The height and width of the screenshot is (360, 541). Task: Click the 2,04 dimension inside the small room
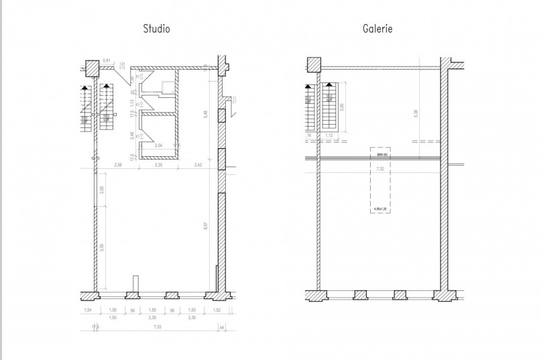tap(159, 145)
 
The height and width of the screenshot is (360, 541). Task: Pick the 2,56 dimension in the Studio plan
tap(118, 164)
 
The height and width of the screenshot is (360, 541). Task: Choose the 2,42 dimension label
tap(198, 164)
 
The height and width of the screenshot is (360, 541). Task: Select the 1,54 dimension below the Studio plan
tap(87, 311)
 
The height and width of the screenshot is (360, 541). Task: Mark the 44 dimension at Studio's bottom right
tap(223, 327)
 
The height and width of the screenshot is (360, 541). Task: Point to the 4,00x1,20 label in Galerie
tap(379, 209)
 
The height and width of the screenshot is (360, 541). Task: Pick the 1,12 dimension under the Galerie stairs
tap(329, 135)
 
